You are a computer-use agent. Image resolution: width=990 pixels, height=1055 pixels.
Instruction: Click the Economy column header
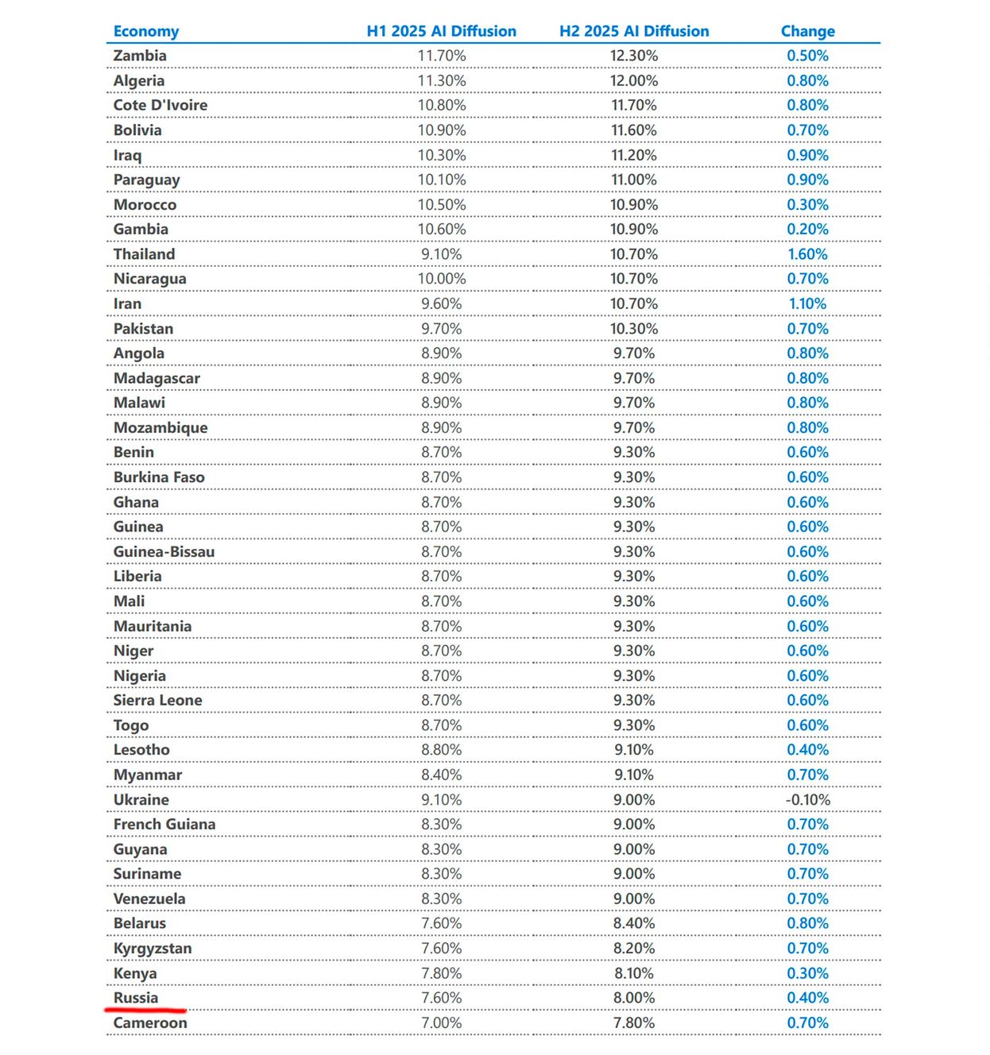pos(146,31)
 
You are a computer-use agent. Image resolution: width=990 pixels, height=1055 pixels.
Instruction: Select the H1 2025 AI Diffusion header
pos(441,31)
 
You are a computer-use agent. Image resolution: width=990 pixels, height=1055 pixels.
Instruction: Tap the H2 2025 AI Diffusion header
pos(634,31)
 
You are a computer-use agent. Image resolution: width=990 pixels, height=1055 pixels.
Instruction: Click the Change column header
pos(807,31)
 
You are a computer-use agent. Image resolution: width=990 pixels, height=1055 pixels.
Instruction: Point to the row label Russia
pos(136,998)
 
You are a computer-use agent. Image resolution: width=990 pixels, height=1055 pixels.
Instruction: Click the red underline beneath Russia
pos(145,1011)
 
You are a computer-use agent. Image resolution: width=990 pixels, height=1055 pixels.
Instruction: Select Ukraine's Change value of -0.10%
pos(807,799)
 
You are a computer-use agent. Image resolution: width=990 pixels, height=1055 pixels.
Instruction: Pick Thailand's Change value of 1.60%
pos(807,254)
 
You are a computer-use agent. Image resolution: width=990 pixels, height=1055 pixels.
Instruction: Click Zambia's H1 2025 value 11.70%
pos(442,56)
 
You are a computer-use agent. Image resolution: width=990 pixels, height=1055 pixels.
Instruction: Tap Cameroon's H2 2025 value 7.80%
pos(634,1022)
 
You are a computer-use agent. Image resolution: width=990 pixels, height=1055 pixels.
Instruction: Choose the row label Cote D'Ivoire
pos(160,105)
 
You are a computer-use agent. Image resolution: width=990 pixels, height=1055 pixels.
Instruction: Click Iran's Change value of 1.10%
pos(807,303)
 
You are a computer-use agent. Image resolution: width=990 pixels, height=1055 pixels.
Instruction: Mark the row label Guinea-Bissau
pos(164,551)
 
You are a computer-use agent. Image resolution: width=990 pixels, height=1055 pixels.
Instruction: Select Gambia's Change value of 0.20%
pos(807,229)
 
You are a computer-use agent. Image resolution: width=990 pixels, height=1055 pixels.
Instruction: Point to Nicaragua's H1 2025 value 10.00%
pos(442,279)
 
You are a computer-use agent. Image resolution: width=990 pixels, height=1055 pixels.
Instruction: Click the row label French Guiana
pos(164,824)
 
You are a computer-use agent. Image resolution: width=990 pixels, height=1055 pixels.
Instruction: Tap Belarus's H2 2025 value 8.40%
pos(634,923)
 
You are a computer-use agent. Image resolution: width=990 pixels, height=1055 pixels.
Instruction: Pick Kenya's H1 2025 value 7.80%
pos(442,973)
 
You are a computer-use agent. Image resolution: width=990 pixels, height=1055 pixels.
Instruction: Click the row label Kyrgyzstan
pos(153,948)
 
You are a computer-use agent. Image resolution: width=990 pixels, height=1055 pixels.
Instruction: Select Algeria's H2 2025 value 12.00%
pos(634,80)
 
